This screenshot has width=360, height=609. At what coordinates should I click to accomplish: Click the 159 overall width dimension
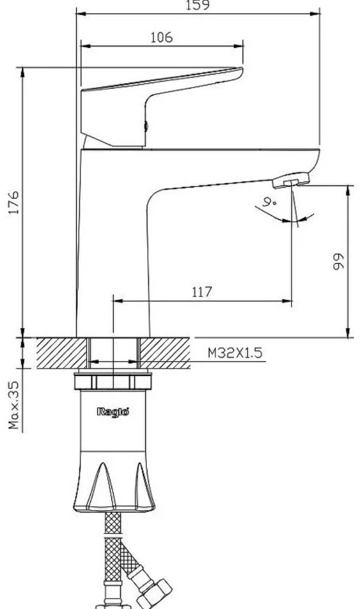click(197, 5)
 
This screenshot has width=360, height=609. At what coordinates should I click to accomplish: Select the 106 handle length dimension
click(162, 38)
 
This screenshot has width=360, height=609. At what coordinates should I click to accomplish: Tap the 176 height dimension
click(14, 202)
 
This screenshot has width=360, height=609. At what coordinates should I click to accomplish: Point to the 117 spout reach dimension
click(202, 291)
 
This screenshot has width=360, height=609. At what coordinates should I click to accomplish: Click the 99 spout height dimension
click(339, 262)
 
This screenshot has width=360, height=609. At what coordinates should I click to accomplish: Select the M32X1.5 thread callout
click(235, 353)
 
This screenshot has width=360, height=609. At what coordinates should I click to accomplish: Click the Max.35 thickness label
click(14, 405)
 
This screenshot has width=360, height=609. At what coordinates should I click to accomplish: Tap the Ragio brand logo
click(113, 411)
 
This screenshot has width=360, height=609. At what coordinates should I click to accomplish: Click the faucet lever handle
click(156, 105)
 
